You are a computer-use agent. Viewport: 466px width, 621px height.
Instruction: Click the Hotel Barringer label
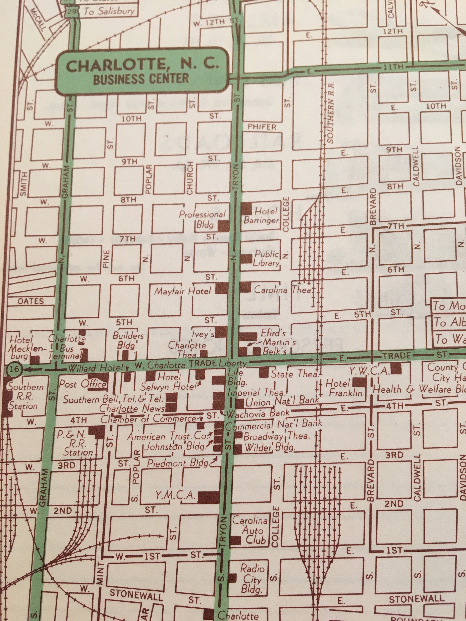click(x=262, y=215)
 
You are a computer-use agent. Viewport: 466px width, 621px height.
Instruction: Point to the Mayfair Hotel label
click(x=183, y=291)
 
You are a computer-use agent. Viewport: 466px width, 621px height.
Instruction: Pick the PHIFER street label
click(x=262, y=127)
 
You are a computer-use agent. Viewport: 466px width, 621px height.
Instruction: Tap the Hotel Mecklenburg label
click(x=20, y=348)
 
